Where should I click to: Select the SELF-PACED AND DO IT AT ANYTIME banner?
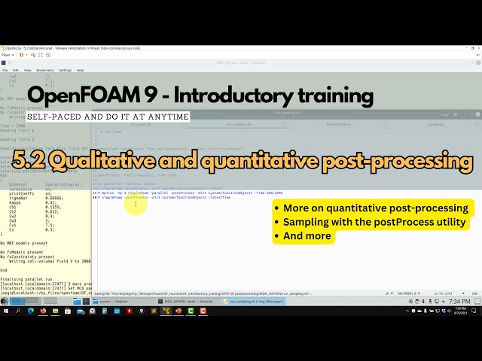point(108,117)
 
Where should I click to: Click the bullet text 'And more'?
point(307,235)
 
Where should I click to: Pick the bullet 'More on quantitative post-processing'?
point(375,208)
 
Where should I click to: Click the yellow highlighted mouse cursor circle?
point(136,204)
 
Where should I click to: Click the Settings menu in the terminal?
point(66,70)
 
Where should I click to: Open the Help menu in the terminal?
point(81,70)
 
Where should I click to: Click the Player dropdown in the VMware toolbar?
point(8,55)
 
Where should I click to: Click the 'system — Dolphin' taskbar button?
point(109,301)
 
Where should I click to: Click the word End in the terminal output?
point(4,269)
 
